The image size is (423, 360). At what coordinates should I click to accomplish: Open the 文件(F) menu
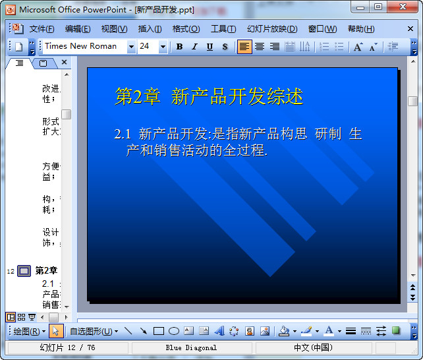(42, 29)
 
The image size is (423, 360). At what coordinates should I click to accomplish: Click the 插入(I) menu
(150, 29)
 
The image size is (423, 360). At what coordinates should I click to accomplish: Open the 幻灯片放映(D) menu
(272, 29)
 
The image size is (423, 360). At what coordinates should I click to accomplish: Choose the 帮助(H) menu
(360, 29)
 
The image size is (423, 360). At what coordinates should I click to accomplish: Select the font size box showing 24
(147, 46)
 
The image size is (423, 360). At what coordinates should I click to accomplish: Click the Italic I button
(194, 47)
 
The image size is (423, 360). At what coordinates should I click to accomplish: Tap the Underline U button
(210, 47)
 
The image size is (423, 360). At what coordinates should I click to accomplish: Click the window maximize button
(378, 7)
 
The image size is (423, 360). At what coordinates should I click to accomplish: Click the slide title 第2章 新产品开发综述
(209, 96)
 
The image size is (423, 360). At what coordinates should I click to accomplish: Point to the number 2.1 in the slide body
(123, 135)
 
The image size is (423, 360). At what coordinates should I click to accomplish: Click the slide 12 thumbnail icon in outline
(24, 270)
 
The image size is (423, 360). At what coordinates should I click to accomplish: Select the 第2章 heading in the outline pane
(46, 270)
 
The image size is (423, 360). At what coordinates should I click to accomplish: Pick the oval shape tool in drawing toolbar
(174, 331)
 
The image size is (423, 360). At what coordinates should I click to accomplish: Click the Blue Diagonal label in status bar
(190, 347)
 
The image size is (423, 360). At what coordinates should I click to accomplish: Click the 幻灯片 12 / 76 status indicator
(67, 347)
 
